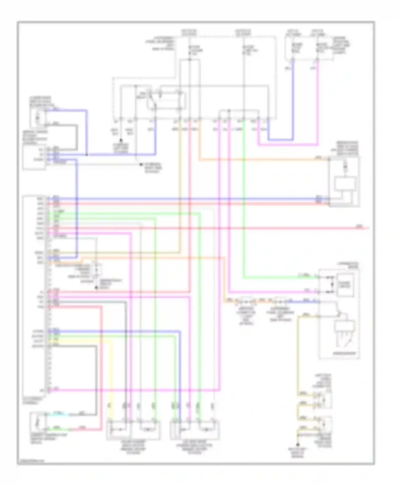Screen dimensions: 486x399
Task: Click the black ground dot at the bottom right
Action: [x=298, y=445]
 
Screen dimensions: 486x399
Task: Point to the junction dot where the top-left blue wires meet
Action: [x=87, y=154]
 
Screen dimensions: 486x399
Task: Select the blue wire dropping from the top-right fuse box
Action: [x=293, y=101]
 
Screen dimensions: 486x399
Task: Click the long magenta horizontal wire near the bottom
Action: [x=133, y=390]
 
